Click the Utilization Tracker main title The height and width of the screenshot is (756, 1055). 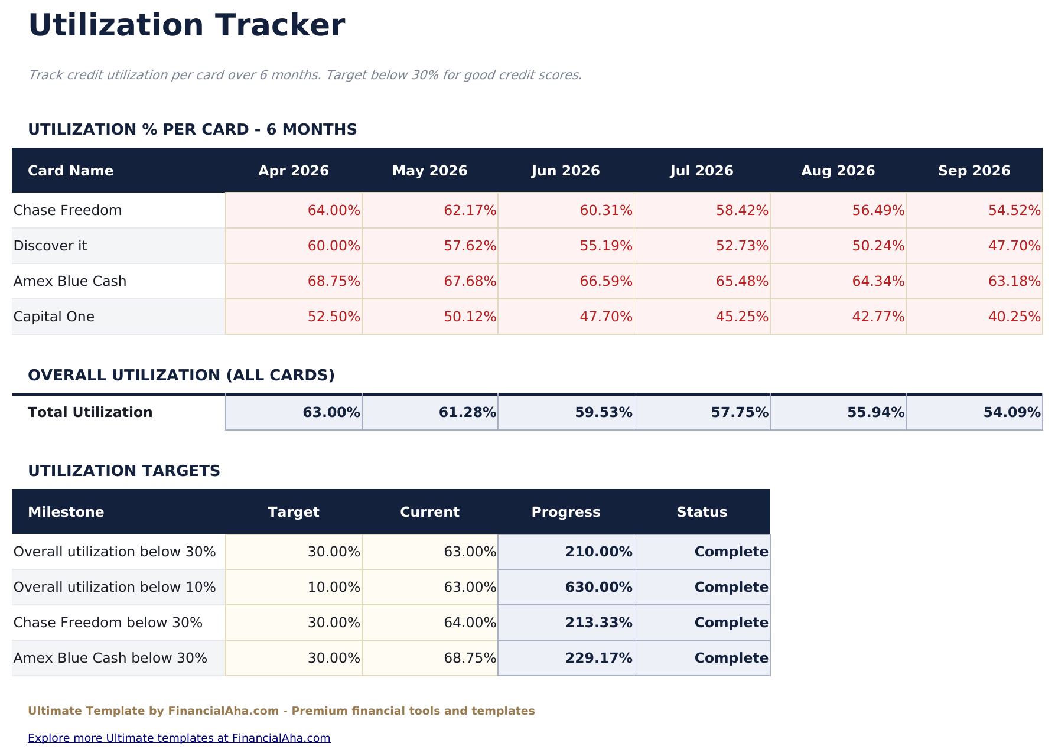click(186, 26)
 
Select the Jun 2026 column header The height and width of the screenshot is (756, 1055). click(565, 171)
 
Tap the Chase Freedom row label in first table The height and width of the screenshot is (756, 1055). click(67, 210)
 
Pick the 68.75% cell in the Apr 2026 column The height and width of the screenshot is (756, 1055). click(334, 281)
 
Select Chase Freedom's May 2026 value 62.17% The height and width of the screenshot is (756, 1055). click(470, 210)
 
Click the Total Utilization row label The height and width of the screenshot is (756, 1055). click(90, 412)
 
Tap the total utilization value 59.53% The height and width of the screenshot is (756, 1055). click(603, 412)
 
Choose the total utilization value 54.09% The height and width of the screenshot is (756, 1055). click(1011, 412)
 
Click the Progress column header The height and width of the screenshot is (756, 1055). click(565, 512)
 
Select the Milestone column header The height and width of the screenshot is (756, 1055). click(66, 512)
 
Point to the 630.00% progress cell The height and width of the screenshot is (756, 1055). click(598, 587)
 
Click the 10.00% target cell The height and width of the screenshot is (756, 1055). click(334, 587)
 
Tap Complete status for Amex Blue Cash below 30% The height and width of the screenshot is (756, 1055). click(731, 658)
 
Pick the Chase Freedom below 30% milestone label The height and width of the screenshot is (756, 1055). click(108, 623)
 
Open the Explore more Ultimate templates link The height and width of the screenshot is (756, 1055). click(179, 738)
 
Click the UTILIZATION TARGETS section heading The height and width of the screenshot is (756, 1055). click(124, 471)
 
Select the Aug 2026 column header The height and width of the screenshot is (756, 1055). click(838, 171)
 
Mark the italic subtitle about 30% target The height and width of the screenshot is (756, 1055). click(305, 75)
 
